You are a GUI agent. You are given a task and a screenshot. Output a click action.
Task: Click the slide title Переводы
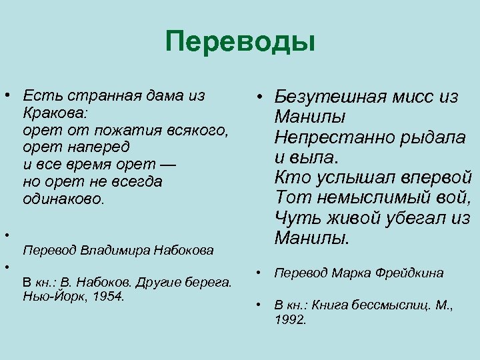[240, 43]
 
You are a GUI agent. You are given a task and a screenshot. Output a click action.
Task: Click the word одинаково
[63, 199]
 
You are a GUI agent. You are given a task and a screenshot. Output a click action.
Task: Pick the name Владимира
[117, 251]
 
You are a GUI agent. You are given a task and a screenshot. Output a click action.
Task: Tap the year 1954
[109, 295]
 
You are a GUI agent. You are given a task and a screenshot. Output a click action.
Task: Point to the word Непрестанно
[329, 138]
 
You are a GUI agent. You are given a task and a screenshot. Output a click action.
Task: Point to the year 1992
[290, 320]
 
